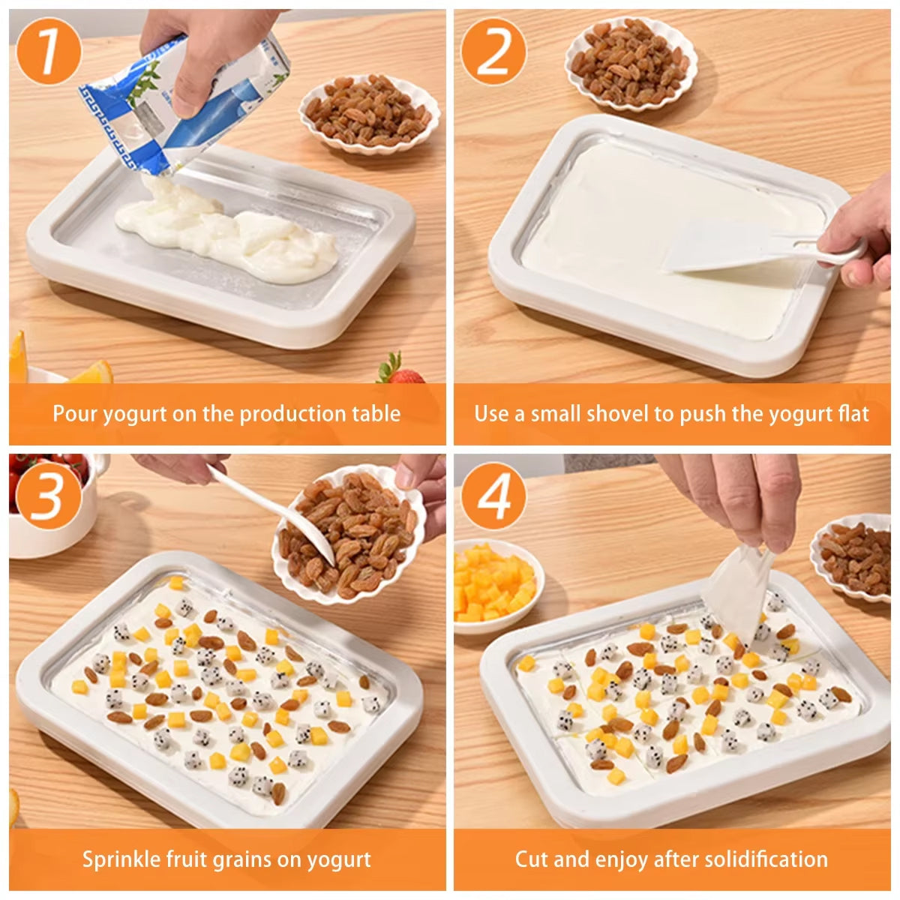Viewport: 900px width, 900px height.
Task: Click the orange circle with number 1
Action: [x=48, y=51]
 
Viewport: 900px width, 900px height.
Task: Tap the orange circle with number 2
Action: [x=493, y=51]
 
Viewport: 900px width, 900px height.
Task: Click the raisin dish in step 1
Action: [x=369, y=114]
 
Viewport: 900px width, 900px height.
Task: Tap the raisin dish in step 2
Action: [x=631, y=64]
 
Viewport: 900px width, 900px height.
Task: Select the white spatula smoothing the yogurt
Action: [x=742, y=251]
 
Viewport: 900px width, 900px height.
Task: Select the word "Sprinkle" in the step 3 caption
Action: [x=120, y=859]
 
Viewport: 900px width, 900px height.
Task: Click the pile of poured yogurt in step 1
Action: [x=225, y=232]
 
